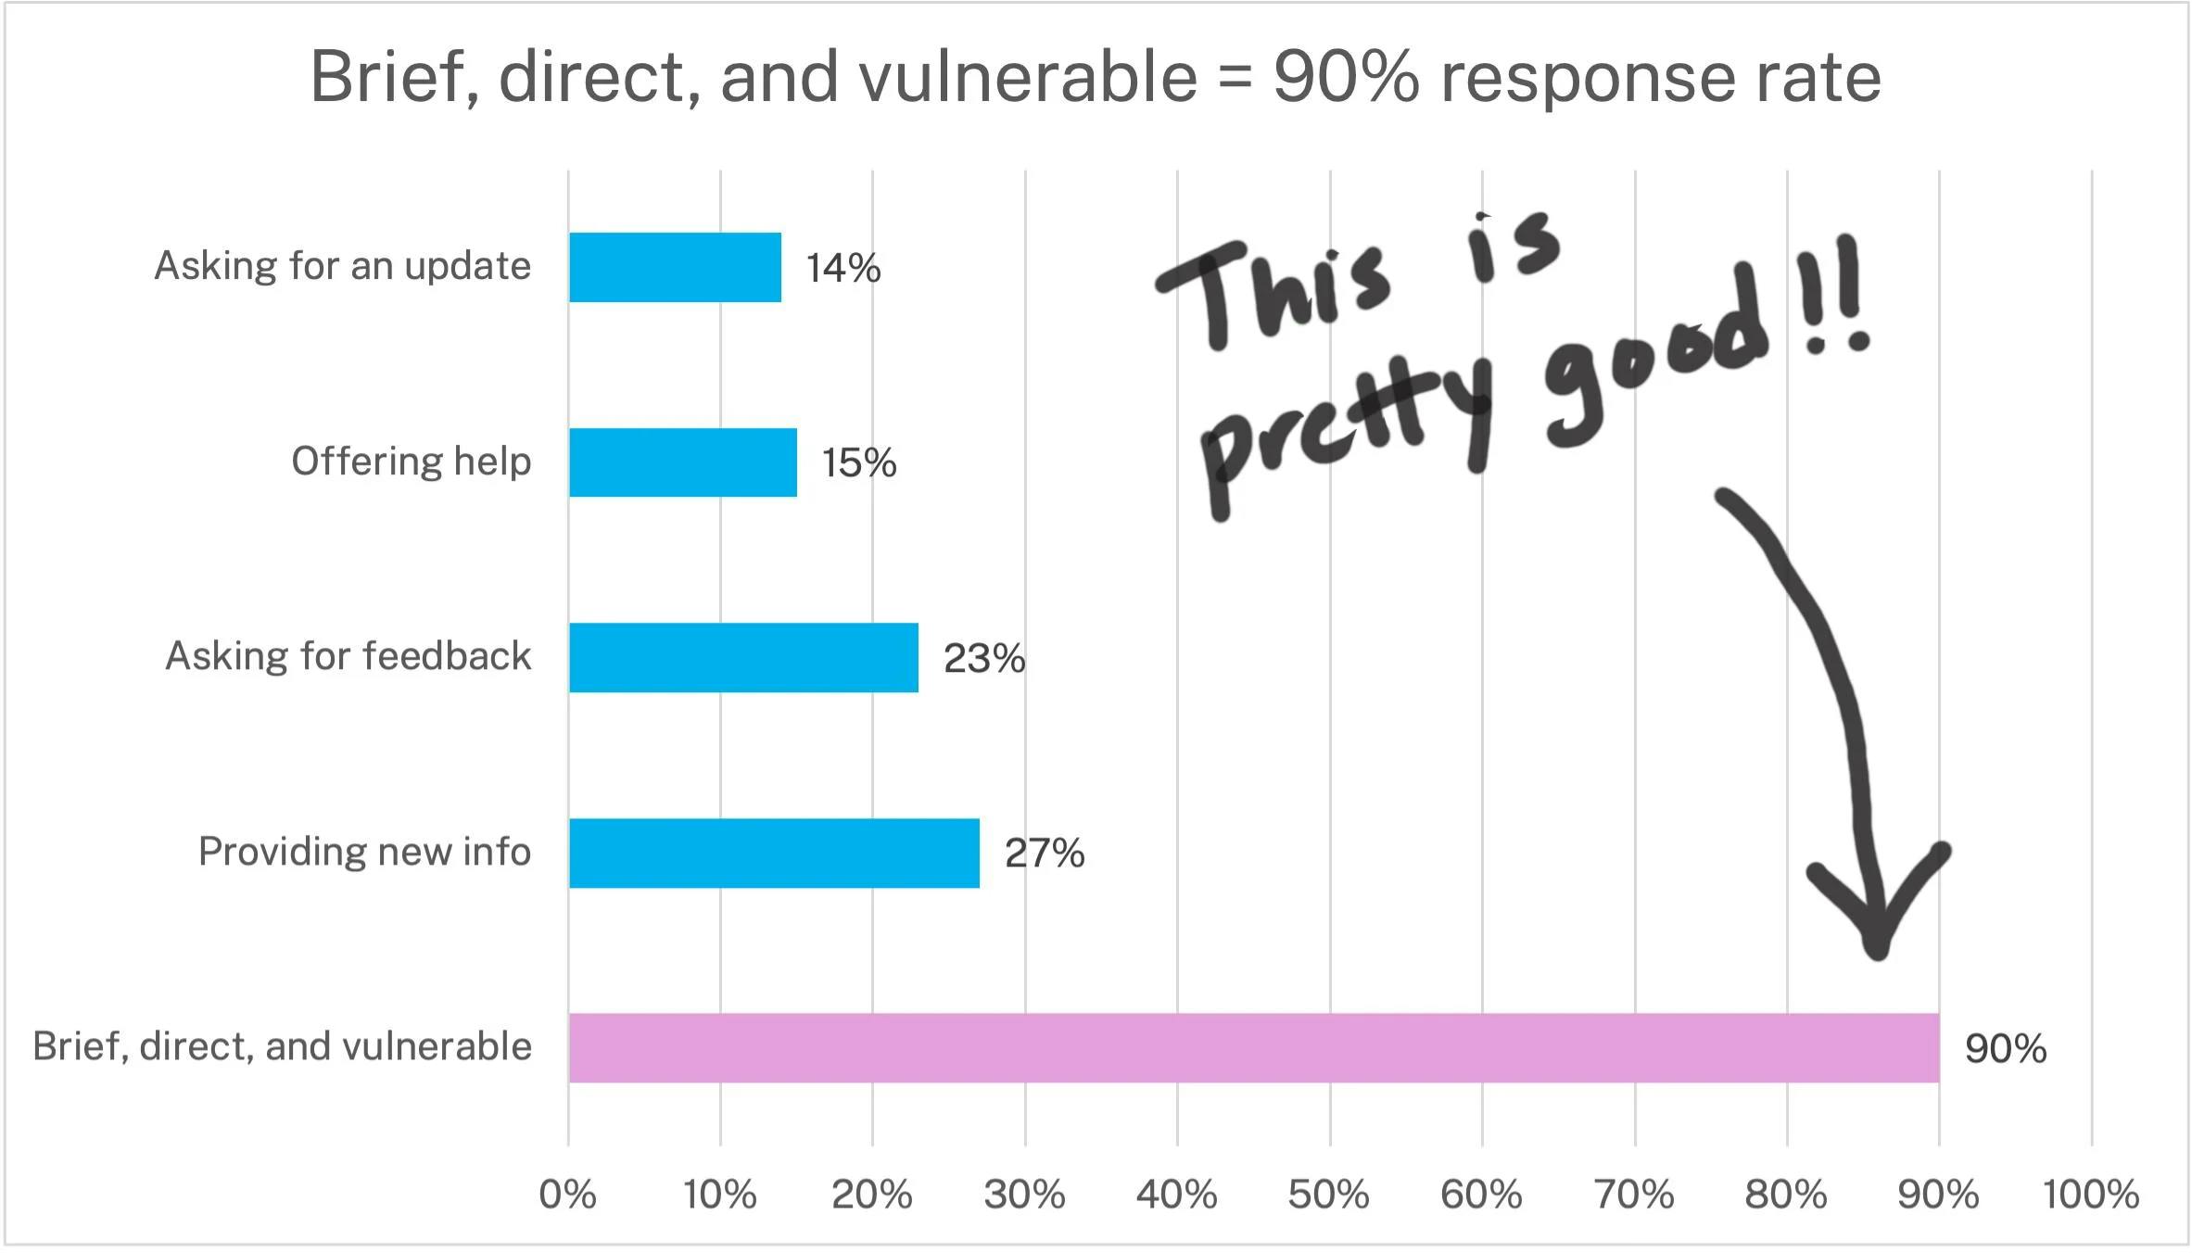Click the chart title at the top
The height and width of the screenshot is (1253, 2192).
pyautogui.click(x=1096, y=76)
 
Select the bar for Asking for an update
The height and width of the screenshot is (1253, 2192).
pyautogui.click(x=675, y=267)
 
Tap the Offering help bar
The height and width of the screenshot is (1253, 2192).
pyautogui.click(x=683, y=462)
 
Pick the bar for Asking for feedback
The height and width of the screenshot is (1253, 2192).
pyautogui.click(x=743, y=658)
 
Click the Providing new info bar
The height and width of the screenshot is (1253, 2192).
pyautogui.click(x=774, y=853)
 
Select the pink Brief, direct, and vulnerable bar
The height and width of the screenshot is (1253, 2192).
pyautogui.click(x=1253, y=1047)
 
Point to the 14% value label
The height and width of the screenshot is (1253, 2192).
pyautogui.click(x=843, y=269)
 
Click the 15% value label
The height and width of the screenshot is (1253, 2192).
pyautogui.click(x=858, y=463)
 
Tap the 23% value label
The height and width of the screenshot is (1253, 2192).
pyautogui.click(x=983, y=659)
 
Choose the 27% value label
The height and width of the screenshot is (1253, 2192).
pyautogui.click(x=1044, y=854)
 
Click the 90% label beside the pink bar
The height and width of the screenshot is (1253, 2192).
pyautogui.click(x=2005, y=1049)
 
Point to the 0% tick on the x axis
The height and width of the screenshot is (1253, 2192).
pyautogui.click(x=567, y=1195)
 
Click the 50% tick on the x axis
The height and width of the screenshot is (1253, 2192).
pyautogui.click(x=1328, y=1195)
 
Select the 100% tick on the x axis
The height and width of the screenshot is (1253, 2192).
pyautogui.click(x=2090, y=1195)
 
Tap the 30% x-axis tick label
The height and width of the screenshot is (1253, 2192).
pyautogui.click(x=1024, y=1195)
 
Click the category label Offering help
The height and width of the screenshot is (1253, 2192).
pyautogui.click(x=411, y=462)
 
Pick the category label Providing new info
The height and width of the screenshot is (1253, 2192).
pyautogui.click(x=364, y=852)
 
